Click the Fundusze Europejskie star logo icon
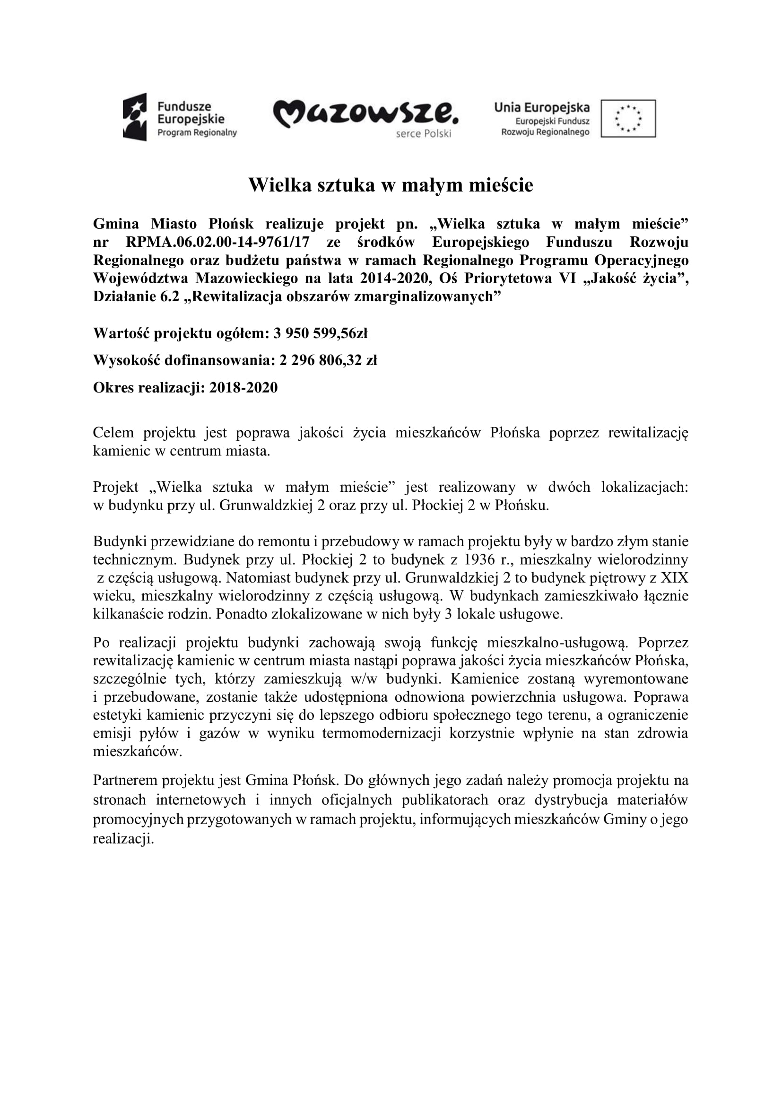point(135,117)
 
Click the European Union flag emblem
point(628,119)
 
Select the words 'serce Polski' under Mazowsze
point(423,134)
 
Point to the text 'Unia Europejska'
point(542,107)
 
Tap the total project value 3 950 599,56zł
point(320,333)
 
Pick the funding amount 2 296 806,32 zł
point(328,360)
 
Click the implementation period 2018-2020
point(243,387)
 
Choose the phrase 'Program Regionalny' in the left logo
point(198,132)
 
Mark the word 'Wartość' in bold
point(121,333)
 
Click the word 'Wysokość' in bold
point(127,360)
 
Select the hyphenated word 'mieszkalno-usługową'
point(557,643)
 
